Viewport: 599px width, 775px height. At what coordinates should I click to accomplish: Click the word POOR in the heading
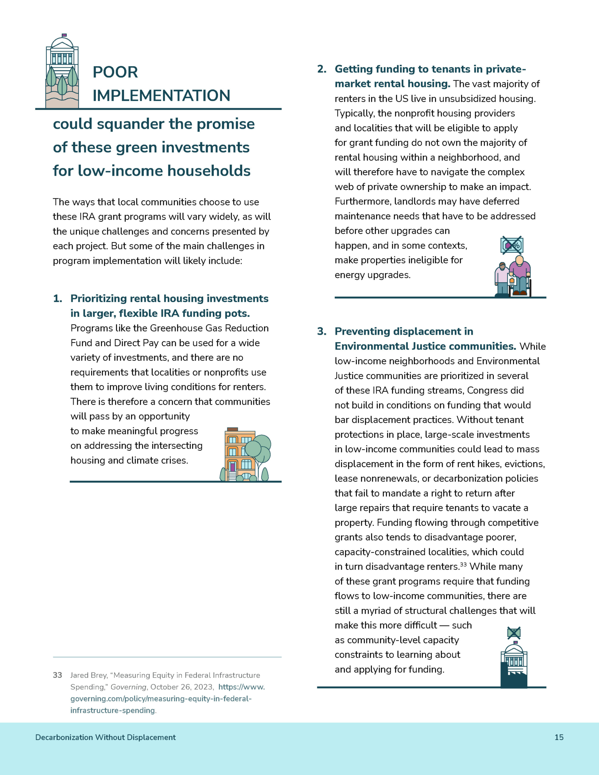(x=115, y=72)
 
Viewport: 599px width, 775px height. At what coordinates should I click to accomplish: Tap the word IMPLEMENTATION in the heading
(x=161, y=95)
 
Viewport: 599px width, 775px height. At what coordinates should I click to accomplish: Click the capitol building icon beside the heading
(x=62, y=71)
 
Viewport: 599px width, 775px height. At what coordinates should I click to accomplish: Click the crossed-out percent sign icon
(x=512, y=245)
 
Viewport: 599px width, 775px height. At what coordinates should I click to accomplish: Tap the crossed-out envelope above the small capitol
(x=514, y=632)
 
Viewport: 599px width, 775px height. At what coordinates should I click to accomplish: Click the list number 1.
(x=57, y=299)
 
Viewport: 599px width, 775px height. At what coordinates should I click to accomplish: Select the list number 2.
(x=321, y=69)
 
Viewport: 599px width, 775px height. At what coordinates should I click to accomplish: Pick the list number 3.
(x=321, y=331)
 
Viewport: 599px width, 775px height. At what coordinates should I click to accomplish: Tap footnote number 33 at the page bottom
(x=57, y=675)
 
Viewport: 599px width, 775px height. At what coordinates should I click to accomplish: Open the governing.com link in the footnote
(x=161, y=698)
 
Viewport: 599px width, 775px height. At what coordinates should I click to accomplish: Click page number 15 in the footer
(x=559, y=737)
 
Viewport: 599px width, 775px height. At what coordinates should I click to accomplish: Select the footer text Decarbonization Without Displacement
(x=106, y=737)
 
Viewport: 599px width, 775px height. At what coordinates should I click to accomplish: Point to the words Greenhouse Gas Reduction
(x=209, y=328)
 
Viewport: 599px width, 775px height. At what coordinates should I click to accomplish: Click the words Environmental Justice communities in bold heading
(x=425, y=346)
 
